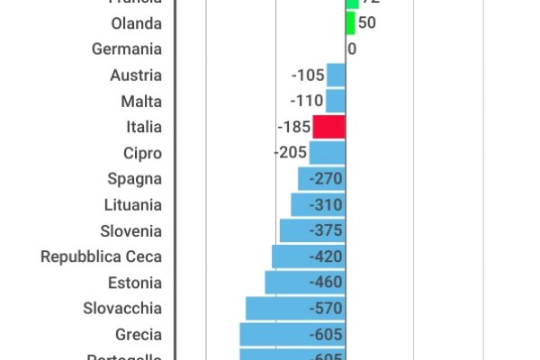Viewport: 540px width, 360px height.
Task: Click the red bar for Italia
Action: pos(328,127)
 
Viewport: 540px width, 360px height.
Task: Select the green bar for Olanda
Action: pos(351,22)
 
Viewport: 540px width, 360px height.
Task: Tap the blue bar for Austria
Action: pos(336,75)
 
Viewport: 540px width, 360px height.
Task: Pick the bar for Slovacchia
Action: pos(295,309)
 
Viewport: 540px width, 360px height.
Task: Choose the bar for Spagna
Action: pos(321,179)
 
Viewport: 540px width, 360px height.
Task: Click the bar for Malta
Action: pos(335,101)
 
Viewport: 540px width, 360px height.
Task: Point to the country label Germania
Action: pos(127,49)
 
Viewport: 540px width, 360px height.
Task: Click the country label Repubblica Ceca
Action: pos(102,256)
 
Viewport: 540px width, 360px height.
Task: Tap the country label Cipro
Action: pos(142,153)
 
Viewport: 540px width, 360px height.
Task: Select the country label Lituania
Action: pos(132,204)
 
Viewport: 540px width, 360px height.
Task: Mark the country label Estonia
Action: pos(134,283)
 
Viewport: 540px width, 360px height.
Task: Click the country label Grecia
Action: pos(139,335)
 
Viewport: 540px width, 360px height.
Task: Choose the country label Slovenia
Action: pos(131,230)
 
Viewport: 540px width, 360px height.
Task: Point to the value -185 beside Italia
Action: pos(294,127)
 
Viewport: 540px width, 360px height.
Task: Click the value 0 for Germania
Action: pos(352,49)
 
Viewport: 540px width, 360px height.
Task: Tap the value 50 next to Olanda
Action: pos(367,22)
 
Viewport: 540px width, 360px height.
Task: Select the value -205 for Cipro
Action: pos(290,153)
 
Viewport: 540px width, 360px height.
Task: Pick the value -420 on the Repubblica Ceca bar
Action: pos(325,256)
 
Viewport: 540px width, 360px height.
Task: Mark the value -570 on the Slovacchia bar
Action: pos(325,309)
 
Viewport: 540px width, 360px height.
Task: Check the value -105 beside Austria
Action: pos(308,75)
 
